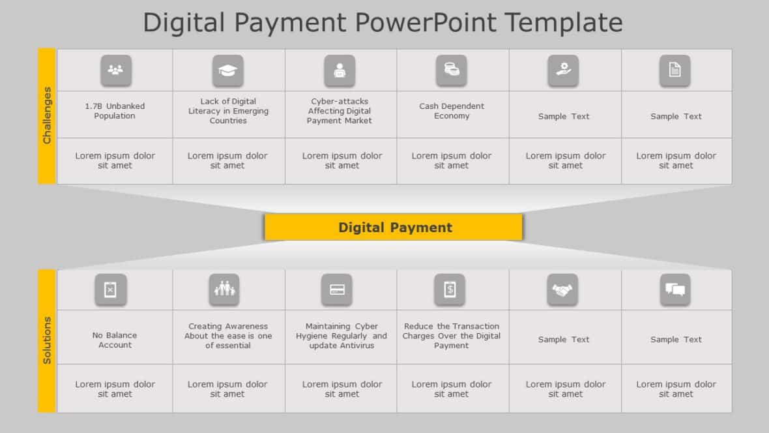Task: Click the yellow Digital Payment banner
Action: (x=394, y=227)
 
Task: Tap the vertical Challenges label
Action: (x=46, y=115)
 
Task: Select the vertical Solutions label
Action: (x=46, y=340)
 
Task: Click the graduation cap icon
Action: (x=227, y=70)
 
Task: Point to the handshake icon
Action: (x=562, y=290)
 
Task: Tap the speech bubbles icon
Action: (x=675, y=290)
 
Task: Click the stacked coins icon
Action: (x=451, y=70)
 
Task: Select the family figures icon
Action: (x=224, y=290)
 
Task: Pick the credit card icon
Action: (x=337, y=290)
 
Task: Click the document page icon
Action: (x=675, y=70)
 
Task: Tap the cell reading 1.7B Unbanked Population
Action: (x=115, y=111)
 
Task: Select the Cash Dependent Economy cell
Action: (x=452, y=111)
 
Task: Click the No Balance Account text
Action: (x=115, y=340)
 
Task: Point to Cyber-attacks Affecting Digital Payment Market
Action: (x=340, y=111)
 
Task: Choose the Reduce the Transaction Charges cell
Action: (x=452, y=336)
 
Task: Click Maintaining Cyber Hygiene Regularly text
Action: (x=341, y=336)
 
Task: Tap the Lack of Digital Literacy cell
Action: (x=228, y=111)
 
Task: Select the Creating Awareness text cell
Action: (x=228, y=336)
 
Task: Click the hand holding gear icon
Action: (x=563, y=70)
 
